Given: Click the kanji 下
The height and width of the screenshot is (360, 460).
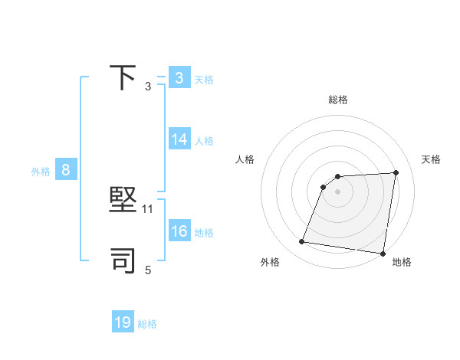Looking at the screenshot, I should (123, 77).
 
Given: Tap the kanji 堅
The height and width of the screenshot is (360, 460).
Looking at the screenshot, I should (123, 201).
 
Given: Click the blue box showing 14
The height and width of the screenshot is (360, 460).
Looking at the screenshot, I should (179, 139).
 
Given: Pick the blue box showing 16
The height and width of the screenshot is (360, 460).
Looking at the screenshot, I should (179, 231).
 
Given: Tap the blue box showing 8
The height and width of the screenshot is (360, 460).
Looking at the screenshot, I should (66, 170).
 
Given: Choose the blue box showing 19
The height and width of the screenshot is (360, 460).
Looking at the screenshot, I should (123, 322).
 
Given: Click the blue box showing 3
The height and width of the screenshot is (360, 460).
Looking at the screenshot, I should (179, 77).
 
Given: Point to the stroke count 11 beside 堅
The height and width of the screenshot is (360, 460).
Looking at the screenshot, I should (149, 208).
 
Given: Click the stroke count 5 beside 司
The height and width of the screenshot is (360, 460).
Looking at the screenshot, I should (148, 270).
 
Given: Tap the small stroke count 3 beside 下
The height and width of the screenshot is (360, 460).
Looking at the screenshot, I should (148, 86).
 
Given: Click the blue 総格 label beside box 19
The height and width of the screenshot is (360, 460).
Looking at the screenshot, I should (147, 324).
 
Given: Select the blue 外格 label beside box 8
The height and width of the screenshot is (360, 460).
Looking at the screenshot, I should (41, 172).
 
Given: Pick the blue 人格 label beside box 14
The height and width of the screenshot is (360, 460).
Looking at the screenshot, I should (204, 141).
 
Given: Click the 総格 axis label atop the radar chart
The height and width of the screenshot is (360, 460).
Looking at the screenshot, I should (337, 100).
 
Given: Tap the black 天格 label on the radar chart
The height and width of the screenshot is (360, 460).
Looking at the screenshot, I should (432, 159).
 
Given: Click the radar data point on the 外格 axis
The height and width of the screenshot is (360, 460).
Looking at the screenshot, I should (302, 242).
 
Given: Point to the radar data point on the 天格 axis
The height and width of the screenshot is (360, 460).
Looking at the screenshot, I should (396, 172).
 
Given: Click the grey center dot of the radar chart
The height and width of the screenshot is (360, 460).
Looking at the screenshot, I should (337, 191).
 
